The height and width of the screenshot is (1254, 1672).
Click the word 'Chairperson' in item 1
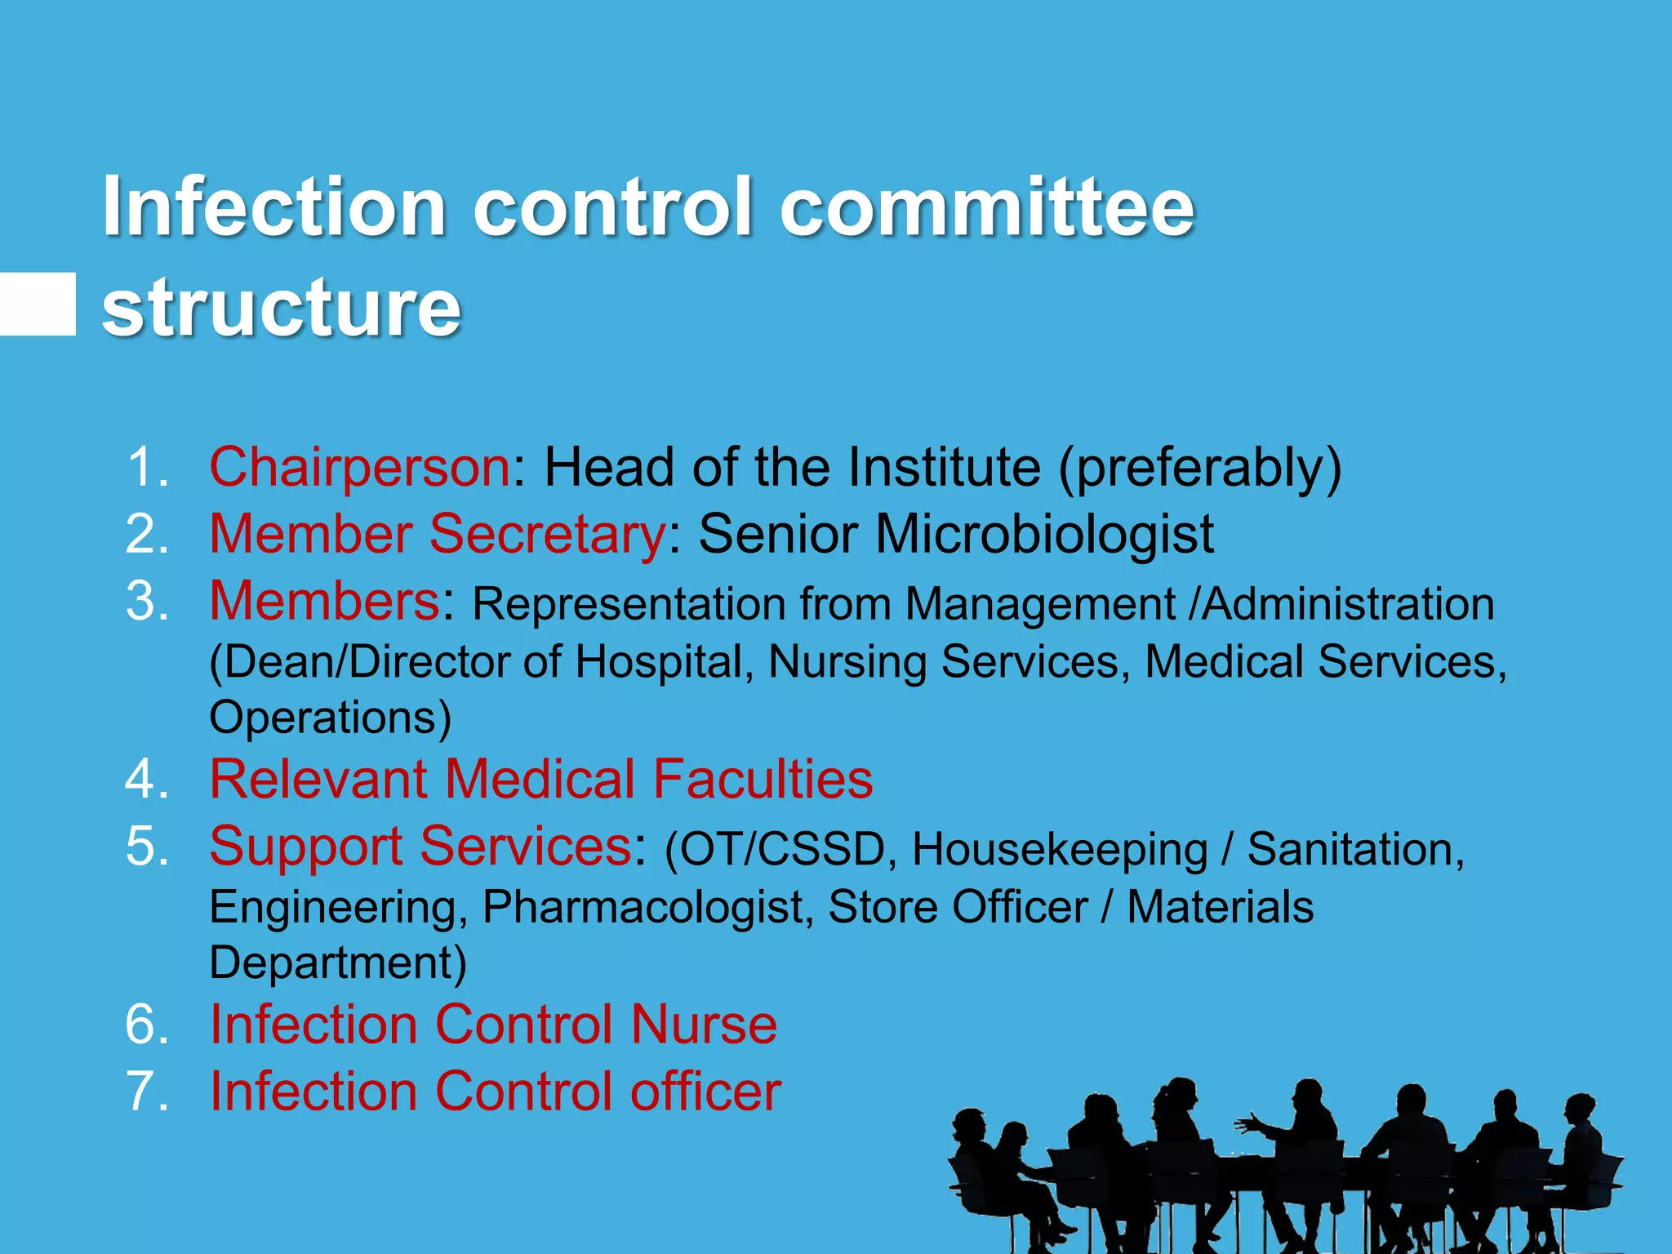(x=360, y=467)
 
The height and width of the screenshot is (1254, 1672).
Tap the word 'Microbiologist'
(x=1044, y=534)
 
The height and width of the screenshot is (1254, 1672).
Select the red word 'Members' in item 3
(x=325, y=601)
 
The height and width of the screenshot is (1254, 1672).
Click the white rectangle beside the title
(x=38, y=304)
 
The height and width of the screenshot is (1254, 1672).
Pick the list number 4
(x=146, y=779)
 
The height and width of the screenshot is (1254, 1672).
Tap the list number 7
(x=146, y=1092)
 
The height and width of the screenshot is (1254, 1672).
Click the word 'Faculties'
(x=763, y=779)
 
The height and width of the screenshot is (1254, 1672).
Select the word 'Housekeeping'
(x=1060, y=849)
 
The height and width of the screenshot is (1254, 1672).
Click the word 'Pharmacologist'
(x=648, y=907)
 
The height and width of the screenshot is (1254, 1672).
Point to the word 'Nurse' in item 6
(x=704, y=1025)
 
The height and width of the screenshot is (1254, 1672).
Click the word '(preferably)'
(x=1199, y=469)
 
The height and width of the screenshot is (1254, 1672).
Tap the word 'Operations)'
(x=331, y=718)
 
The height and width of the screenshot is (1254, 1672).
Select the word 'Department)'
(x=338, y=963)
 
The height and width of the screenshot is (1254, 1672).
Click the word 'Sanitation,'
(x=1355, y=849)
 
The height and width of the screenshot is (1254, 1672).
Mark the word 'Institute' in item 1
(x=944, y=467)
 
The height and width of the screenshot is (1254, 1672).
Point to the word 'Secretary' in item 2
(x=548, y=534)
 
